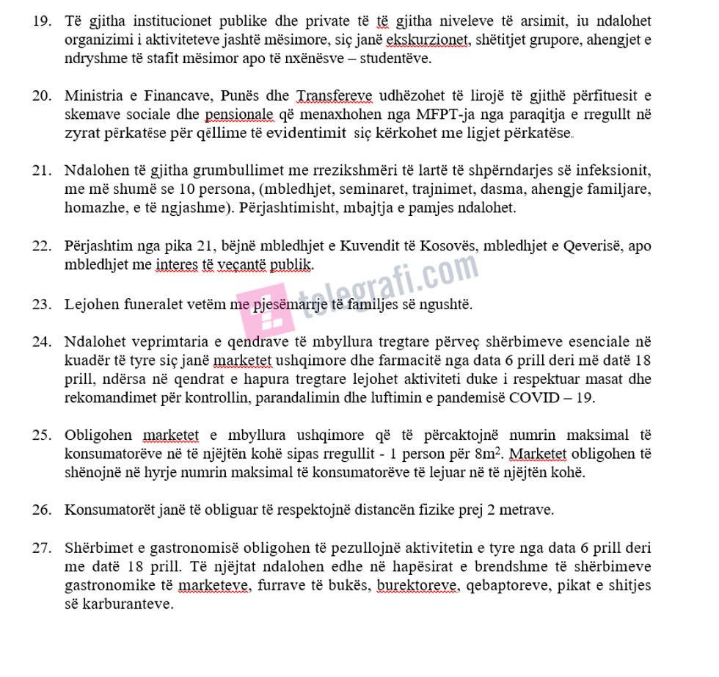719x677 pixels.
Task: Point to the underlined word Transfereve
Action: click(334, 96)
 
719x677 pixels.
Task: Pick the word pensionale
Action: click(240, 115)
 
